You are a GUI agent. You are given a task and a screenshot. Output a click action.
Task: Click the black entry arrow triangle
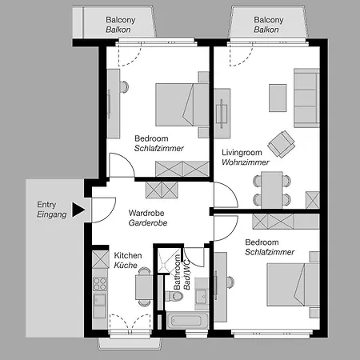(x=78, y=210)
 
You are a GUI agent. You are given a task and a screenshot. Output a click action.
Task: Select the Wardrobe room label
(x=147, y=213)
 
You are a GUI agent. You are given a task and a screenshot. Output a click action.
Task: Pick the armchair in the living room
(x=281, y=143)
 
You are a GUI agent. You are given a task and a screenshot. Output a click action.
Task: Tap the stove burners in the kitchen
(x=100, y=283)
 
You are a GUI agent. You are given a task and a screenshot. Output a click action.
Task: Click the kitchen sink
(x=100, y=302)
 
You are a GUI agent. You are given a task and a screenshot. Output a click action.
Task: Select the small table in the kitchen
(x=144, y=285)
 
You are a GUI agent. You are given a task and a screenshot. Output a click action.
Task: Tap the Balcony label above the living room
(x=268, y=19)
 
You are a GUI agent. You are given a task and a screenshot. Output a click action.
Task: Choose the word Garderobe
(x=147, y=225)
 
